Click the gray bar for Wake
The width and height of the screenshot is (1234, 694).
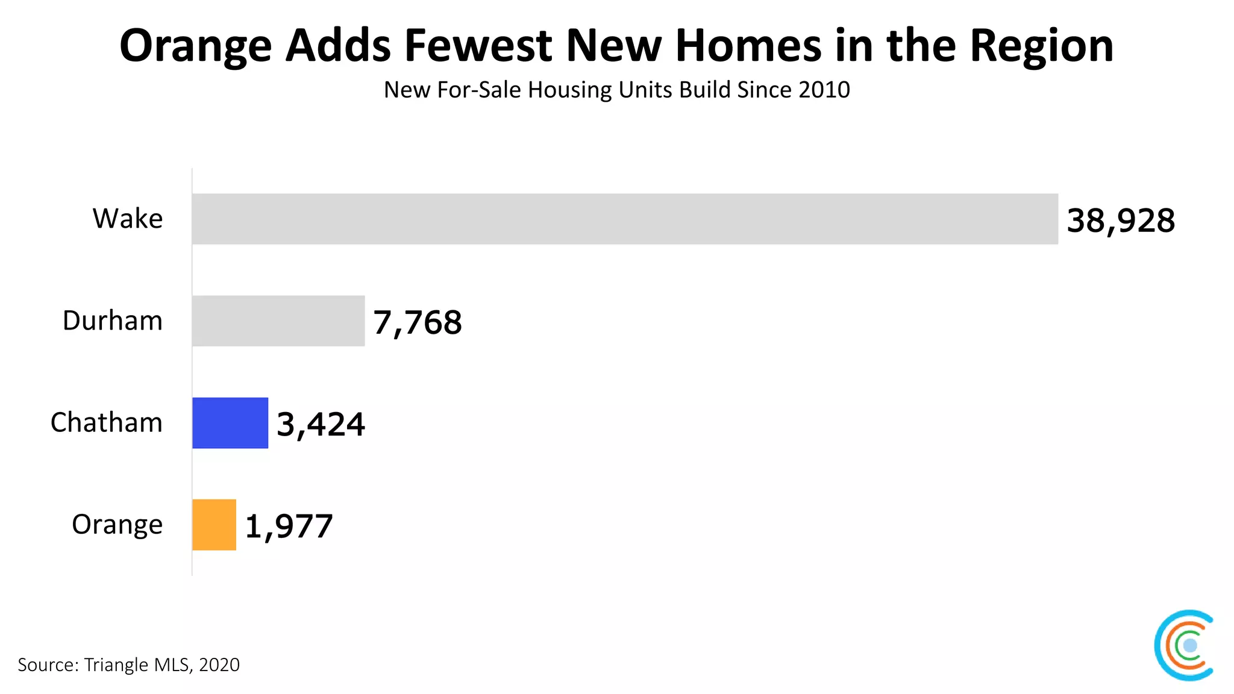(x=625, y=219)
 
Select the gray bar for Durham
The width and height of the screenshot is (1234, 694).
(x=278, y=320)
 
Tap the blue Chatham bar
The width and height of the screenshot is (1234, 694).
(x=230, y=423)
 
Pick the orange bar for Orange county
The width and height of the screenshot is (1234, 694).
(x=214, y=525)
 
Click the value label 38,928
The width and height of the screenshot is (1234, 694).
(x=1121, y=220)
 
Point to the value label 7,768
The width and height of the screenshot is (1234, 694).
(x=418, y=322)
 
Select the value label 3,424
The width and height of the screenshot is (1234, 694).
(x=321, y=424)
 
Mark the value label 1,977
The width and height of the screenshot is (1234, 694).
(x=289, y=527)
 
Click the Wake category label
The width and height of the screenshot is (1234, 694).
(x=128, y=219)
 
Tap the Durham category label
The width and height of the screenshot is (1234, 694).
(x=113, y=320)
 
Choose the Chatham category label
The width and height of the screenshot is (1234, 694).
(x=107, y=423)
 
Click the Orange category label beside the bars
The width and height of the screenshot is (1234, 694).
(x=117, y=525)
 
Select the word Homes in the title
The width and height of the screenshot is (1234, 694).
(x=748, y=46)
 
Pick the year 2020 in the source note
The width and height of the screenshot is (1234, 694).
(x=219, y=664)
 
